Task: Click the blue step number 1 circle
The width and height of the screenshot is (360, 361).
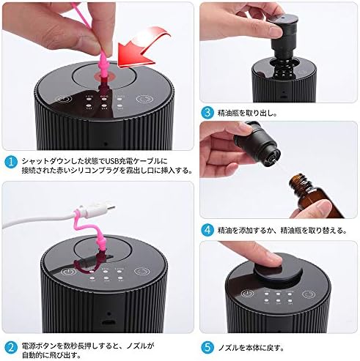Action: (x=11, y=162)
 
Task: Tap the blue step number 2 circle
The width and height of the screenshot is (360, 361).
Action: (x=11, y=347)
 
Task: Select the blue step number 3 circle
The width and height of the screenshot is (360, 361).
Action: (x=207, y=112)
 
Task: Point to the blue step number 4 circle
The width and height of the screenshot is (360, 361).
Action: (x=207, y=230)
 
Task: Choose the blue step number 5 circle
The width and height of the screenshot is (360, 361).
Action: (x=207, y=347)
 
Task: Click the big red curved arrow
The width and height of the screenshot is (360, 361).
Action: (x=144, y=46)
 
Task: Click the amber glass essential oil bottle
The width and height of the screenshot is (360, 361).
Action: (x=315, y=196)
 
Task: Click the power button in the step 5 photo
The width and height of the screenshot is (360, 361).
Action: (x=247, y=294)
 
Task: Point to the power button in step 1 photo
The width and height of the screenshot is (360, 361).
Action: (x=64, y=100)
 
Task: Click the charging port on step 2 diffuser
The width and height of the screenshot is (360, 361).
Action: (x=109, y=322)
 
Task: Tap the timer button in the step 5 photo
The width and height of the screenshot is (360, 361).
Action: (x=308, y=294)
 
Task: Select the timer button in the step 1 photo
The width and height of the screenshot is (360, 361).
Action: (x=144, y=100)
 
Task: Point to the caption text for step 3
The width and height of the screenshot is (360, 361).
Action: (x=247, y=113)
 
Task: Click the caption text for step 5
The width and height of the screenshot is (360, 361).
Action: (x=251, y=347)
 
